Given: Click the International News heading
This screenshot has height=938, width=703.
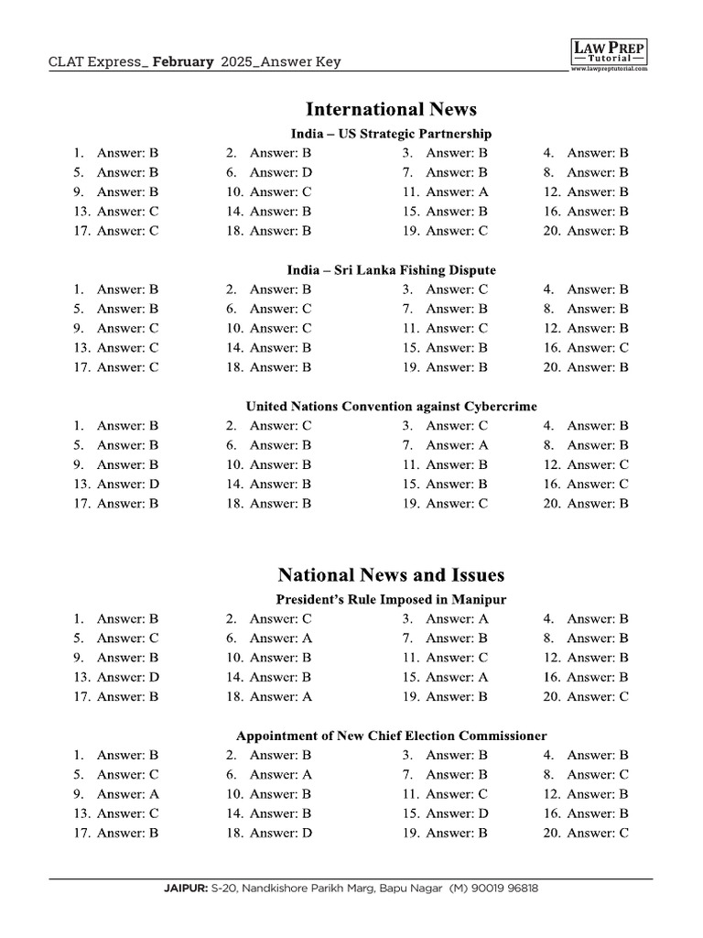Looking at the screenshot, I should tap(391, 109).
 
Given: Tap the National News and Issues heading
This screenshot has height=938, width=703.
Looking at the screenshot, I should tap(391, 575).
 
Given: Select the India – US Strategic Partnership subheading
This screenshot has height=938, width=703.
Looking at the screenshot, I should tap(391, 134).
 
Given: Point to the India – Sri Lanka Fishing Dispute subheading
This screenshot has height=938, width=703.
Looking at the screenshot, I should tap(391, 270).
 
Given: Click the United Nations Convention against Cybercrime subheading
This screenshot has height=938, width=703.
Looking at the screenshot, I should tap(391, 406).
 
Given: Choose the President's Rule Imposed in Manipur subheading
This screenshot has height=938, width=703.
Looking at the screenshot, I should tap(391, 599).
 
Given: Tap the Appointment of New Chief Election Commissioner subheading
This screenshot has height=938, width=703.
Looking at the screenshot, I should tap(391, 736).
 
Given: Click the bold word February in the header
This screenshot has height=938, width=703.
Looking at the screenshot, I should tap(184, 62).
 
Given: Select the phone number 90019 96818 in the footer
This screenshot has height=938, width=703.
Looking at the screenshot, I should tap(503, 889).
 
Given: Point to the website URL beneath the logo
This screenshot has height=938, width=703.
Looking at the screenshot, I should tap(609, 69).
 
